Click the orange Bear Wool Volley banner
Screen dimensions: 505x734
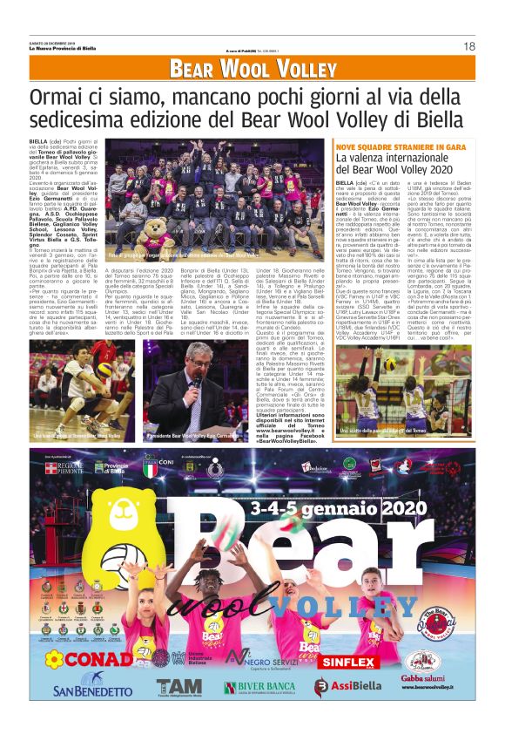(252, 69)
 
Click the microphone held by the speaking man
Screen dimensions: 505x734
(197, 380)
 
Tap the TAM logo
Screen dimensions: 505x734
(178, 690)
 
